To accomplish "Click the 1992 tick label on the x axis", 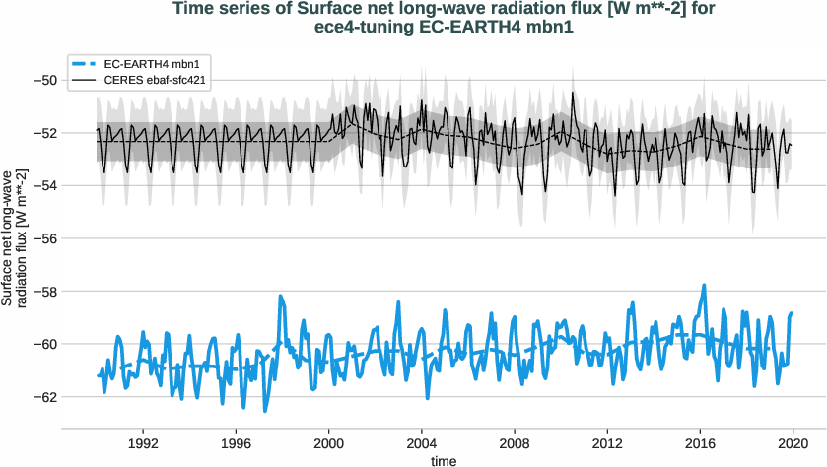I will point(143,442).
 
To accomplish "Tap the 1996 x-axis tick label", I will point(236,442).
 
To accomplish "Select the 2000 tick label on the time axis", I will point(329,442).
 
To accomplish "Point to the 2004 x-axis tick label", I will point(422,442).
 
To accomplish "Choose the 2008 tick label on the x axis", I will point(515,442).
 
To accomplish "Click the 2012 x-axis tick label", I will point(608,442).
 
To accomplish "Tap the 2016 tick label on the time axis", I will point(701,442).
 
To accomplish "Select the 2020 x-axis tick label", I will point(793,442).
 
